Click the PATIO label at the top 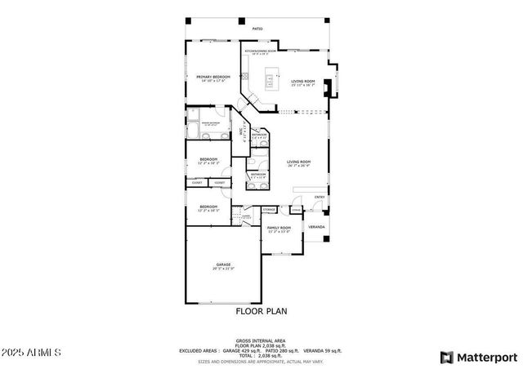tap(257, 29)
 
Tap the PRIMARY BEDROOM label tap(212, 77)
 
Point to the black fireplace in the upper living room tap(328, 87)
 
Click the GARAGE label tap(223, 264)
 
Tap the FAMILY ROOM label tap(279, 228)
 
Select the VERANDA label tap(316, 226)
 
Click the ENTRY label tap(320, 197)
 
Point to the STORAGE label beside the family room tap(269, 210)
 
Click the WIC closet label tap(241, 132)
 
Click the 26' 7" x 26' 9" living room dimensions tap(299, 166)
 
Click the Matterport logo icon tap(446, 357)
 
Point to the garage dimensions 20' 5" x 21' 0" tap(223, 269)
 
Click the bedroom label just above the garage tap(208, 207)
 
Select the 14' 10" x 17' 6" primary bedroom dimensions tap(212, 81)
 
